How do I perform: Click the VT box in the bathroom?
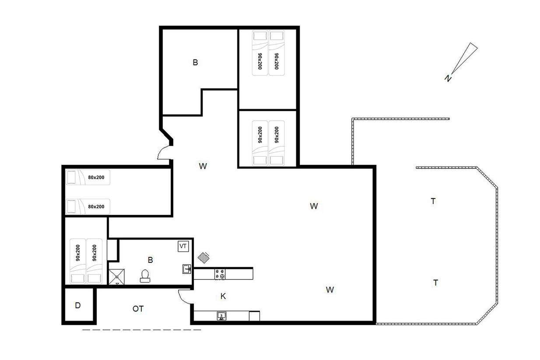pos(183,246)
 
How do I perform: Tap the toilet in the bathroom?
pos(145,276)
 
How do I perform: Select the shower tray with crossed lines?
pos(117,276)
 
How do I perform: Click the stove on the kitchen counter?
pos(220,274)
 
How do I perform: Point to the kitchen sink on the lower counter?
pos(221,316)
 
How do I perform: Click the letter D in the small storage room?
pos(77,306)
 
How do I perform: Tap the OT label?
pos(138,309)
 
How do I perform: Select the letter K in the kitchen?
pos(223,296)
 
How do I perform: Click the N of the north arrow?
pos(448,78)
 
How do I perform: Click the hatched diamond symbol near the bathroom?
pos(203,258)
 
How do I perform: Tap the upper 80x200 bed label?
pos(96,177)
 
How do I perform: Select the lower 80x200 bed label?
pos(96,206)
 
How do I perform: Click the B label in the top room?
pos(195,63)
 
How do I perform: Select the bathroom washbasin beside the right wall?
pos(186,269)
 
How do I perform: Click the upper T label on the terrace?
pos(433,201)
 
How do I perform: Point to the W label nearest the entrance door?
pos(203,166)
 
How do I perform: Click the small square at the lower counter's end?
pos(254,316)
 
